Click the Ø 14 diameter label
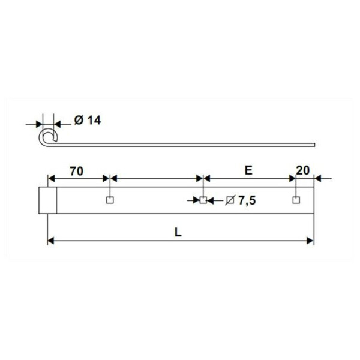pos(88,120)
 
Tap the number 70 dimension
pos(76,170)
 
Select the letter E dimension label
pos(247,170)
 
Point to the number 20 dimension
pos(302,170)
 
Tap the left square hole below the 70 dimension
pos(109,200)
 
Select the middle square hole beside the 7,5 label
pos(203,200)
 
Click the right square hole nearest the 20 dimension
pos(295,200)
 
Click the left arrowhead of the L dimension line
pos(50,241)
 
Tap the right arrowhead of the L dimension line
pos(310,241)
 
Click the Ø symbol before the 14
pos(79,120)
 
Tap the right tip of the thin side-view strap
pos(314,143)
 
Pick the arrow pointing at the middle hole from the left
pos(196,200)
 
